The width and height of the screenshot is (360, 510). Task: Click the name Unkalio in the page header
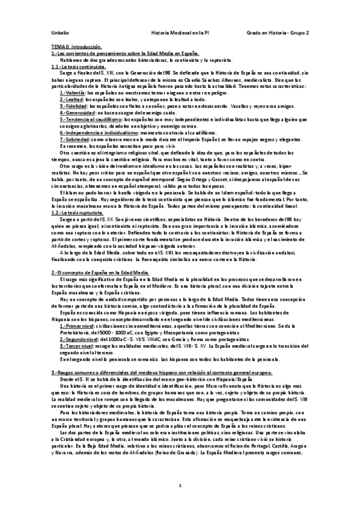point(59,33)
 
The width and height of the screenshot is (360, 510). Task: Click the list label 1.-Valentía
point(73,93)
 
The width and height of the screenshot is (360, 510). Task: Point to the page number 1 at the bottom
point(180,484)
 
